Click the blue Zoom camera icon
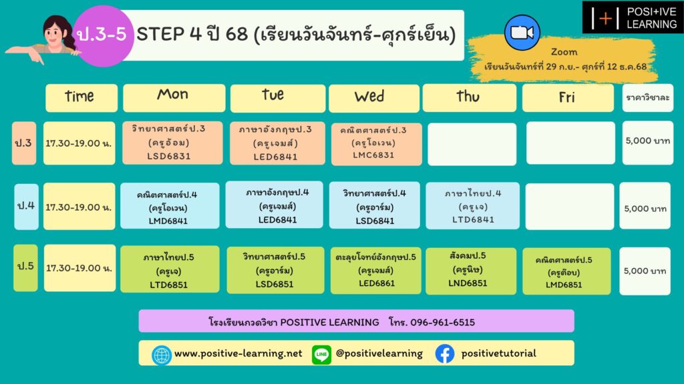[x=522, y=33]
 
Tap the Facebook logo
[x=444, y=353]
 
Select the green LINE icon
[x=321, y=355]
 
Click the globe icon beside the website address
[x=161, y=355]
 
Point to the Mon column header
[x=174, y=97]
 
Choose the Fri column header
[x=568, y=97]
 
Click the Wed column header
[x=374, y=98]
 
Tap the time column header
[x=81, y=97]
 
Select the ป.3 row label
[x=24, y=143]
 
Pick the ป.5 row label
[x=26, y=267]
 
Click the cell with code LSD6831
[x=172, y=143]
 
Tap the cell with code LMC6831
[x=377, y=144]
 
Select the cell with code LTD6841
[x=472, y=206]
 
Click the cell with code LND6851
[x=471, y=271]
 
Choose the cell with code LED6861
[x=375, y=271]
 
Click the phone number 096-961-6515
[x=442, y=323]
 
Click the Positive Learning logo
[x=633, y=17]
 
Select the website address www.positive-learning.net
[x=238, y=353]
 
